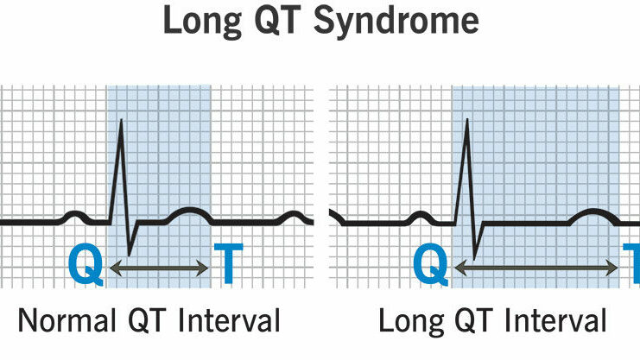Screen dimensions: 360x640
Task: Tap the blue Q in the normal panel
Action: (86, 266)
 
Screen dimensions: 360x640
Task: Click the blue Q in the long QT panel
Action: (431, 266)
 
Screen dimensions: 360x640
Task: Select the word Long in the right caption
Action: (409, 322)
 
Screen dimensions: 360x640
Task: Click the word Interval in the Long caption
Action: (557, 322)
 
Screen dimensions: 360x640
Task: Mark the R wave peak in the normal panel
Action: (121, 120)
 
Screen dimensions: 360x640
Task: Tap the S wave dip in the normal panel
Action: (129, 254)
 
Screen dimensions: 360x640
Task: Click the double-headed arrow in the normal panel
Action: (159, 269)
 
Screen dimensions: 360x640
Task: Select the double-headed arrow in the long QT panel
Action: (535, 269)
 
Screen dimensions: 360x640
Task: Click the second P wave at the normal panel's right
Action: (296, 215)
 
